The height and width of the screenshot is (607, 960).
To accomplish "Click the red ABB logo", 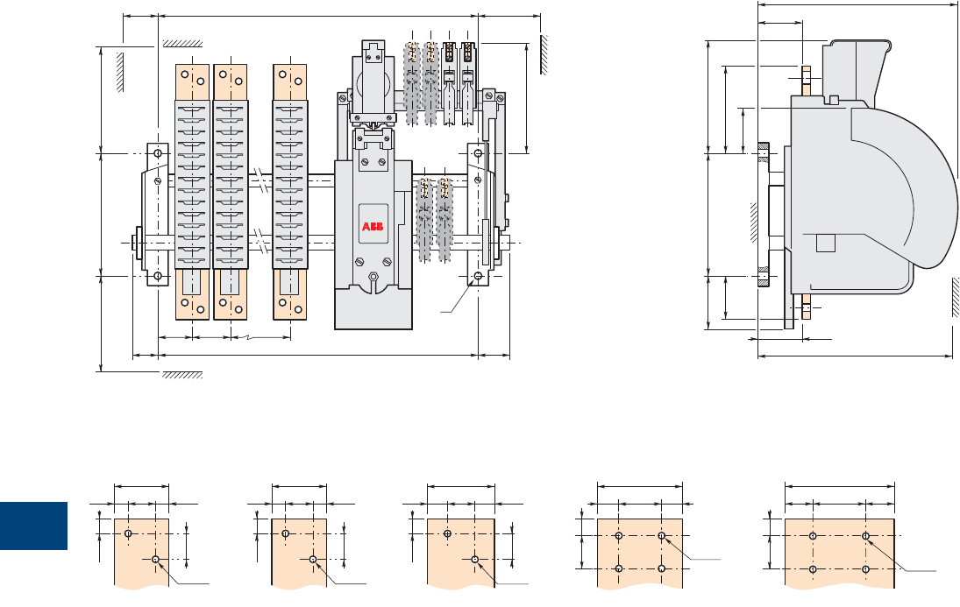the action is [373, 227].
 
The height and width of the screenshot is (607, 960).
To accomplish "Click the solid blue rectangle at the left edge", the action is [33, 526].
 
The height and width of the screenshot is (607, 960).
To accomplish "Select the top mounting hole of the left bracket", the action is [157, 153].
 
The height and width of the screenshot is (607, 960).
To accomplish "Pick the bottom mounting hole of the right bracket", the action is [478, 276].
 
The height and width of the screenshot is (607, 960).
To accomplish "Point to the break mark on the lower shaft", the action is [261, 242].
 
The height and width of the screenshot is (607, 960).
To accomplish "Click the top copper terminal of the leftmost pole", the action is [193, 82].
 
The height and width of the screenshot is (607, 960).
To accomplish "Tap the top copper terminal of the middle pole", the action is [231, 82].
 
